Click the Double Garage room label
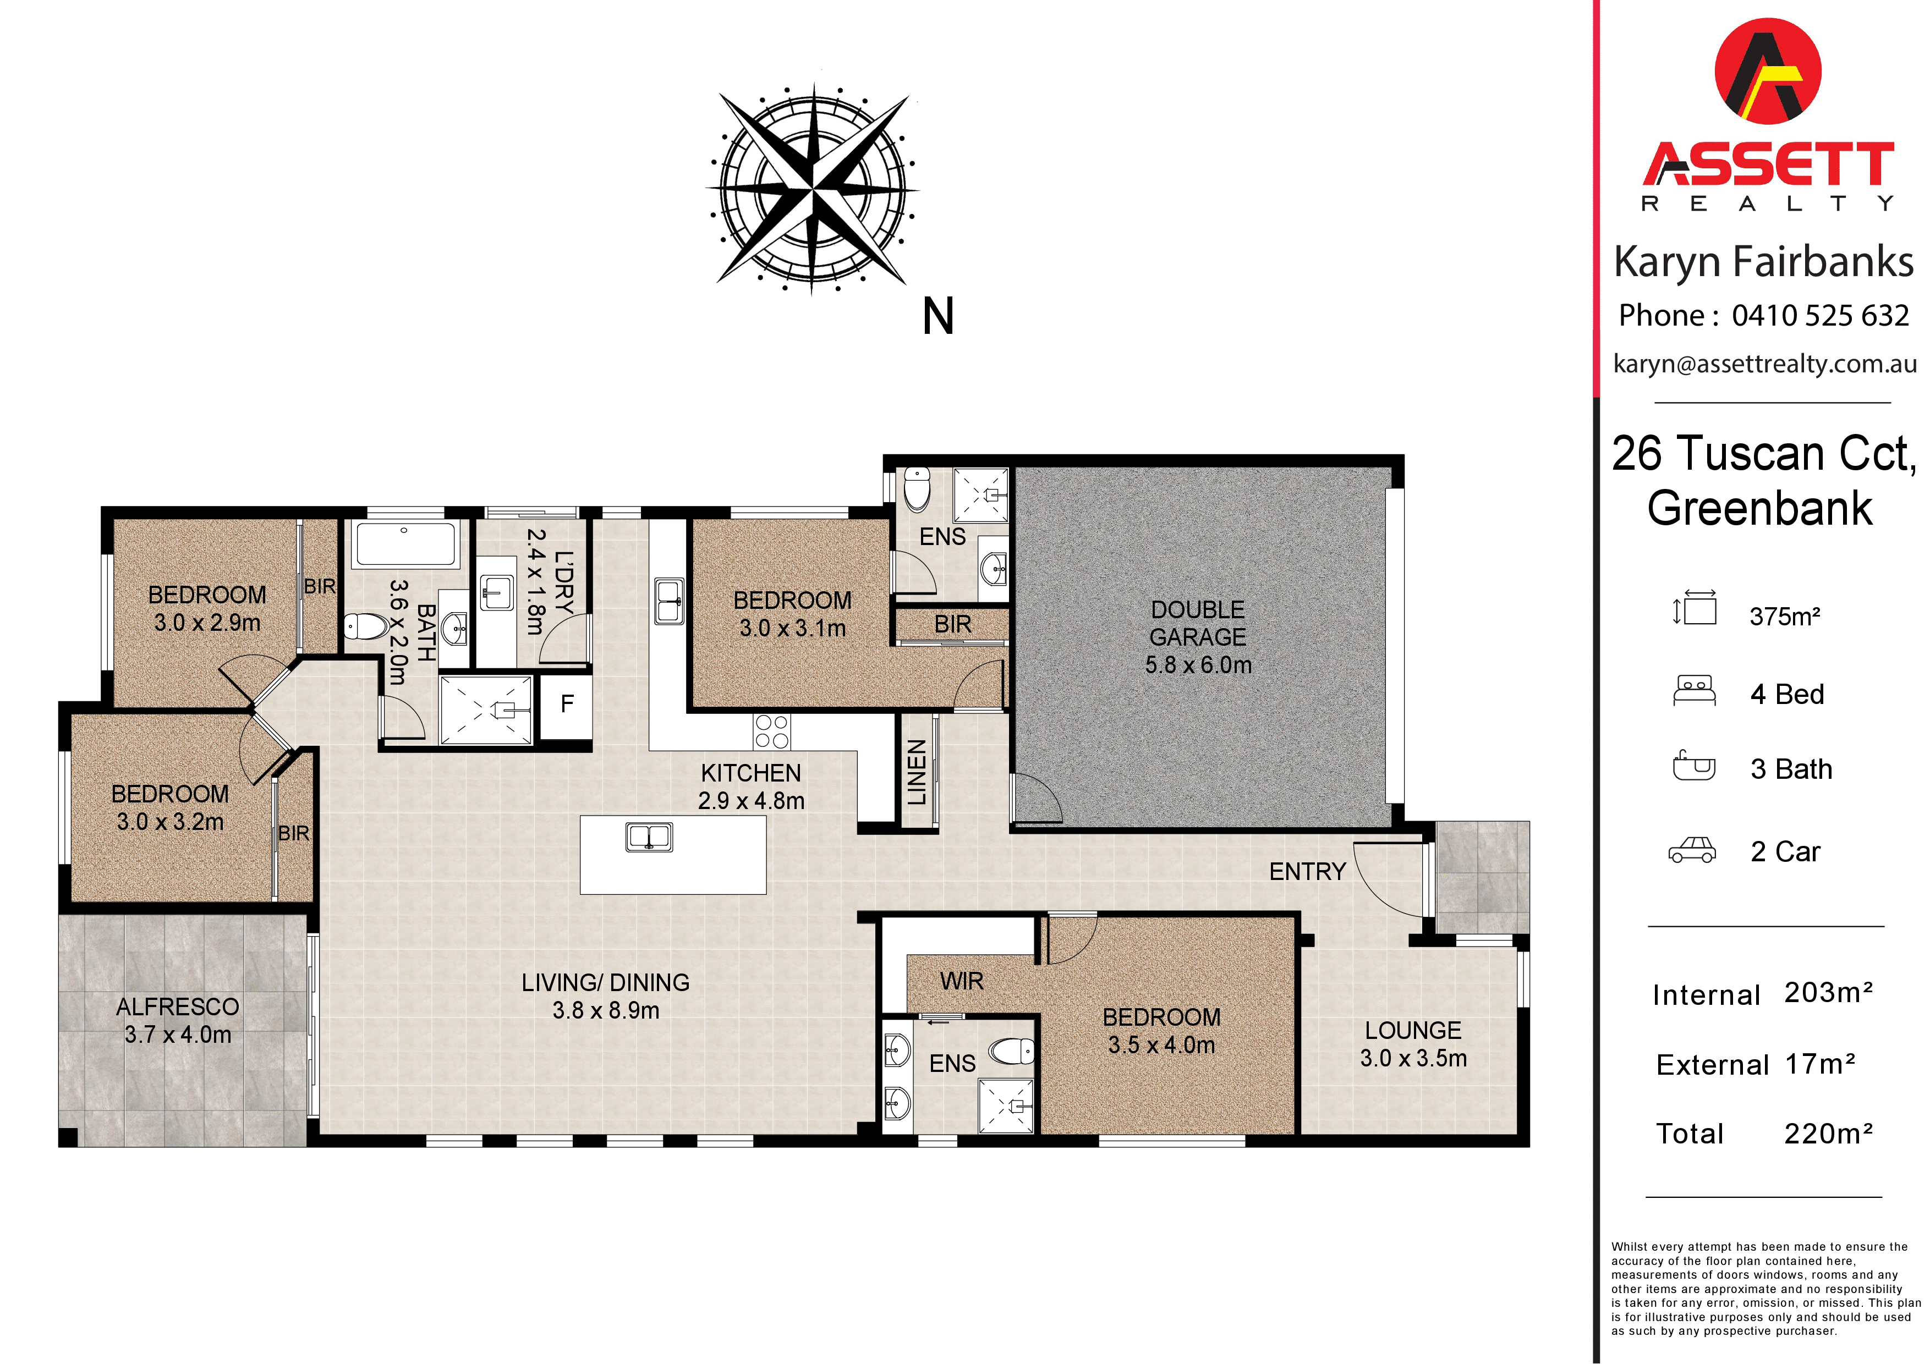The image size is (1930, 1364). pyautogui.click(x=1198, y=636)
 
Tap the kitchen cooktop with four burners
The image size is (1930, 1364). pyautogui.click(x=772, y=731)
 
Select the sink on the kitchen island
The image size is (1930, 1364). pyautogui.click(x=649, y=837)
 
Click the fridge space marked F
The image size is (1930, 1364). pyautogui.click(x=567, y=704)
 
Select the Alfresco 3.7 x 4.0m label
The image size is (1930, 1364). pyautogui.click(x=177, y=1020)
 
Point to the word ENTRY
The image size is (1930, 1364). pyautogui.click(x=1307, y=872)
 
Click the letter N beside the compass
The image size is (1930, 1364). pyautogui.click(x=938, y=316)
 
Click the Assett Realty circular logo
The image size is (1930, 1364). pyautogui.click(x=1768, y=72)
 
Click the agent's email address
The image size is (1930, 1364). pyautogui.click(x=1764, y=364)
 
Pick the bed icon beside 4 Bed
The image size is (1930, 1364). pyautogui.click(x=1694, y=691)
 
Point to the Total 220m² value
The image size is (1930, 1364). pyautogui.click(x=1828, y=1133)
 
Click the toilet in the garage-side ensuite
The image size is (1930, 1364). pyautogui.click(x=916, y=490)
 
